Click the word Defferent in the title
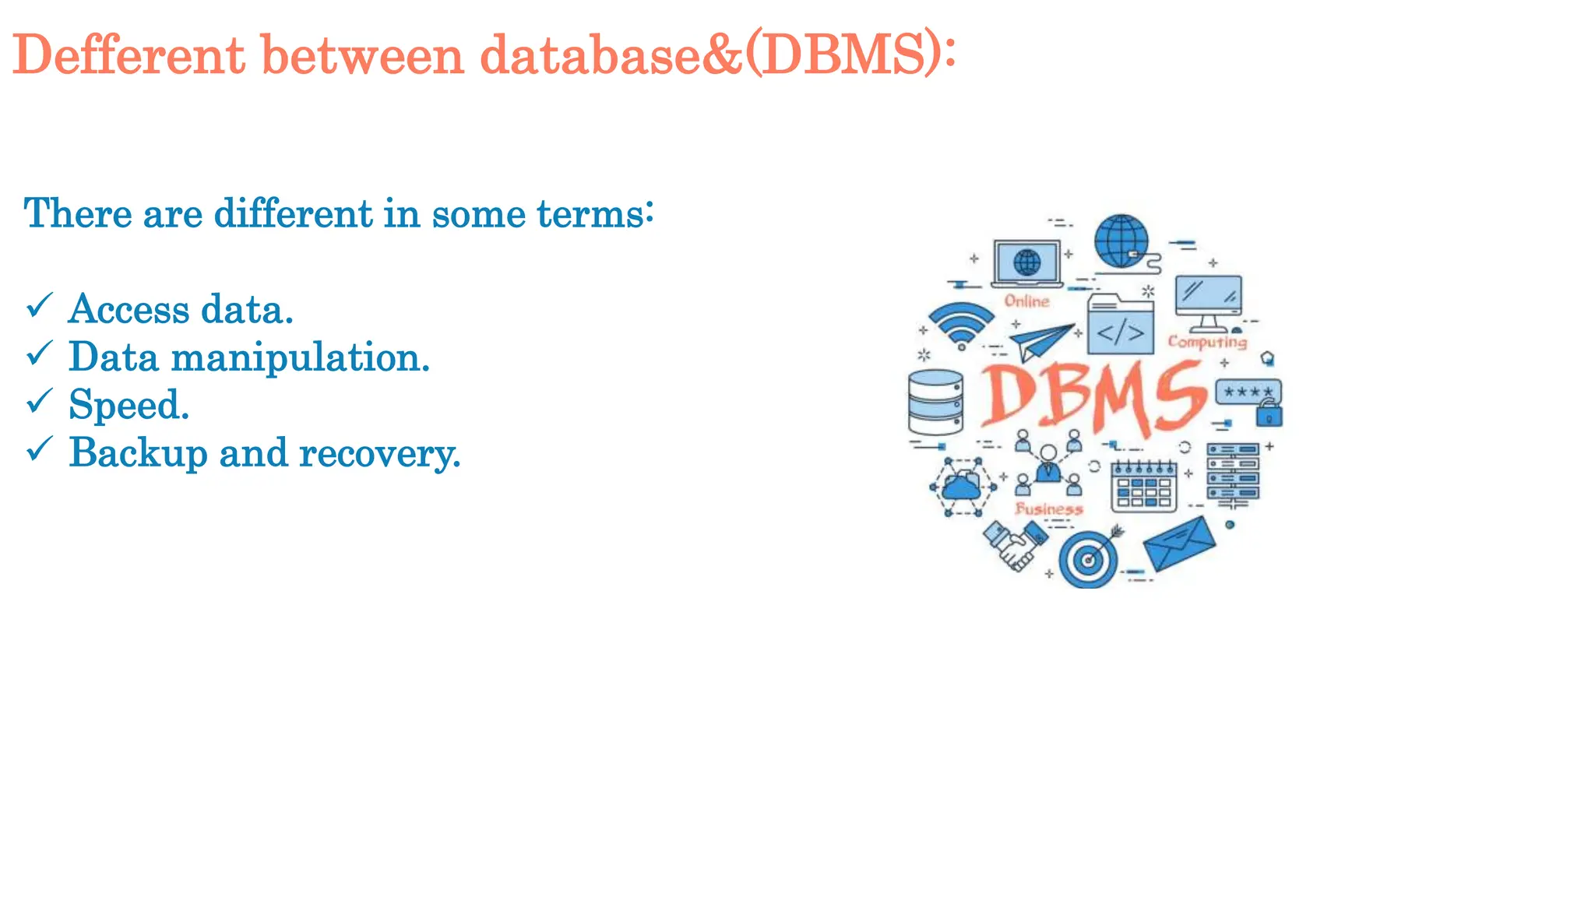pos(129,55)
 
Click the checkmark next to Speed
pos(39,401)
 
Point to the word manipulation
pos(300,358)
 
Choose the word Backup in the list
pos(138,453)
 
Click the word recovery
pos(379,453)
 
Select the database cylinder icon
pos(935,402)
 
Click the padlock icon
pos(1269,413)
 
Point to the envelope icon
pos(1179,543)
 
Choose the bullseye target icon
pos(1088,558)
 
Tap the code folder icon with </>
pos(1120,325)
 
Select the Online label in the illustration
pos(1026,301)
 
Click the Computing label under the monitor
pos(1207,342)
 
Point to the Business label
pos(1049,509)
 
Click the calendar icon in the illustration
pos(1143,487)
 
